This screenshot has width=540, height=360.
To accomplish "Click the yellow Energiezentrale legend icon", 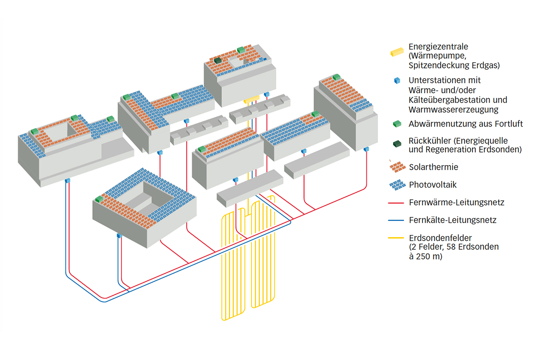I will coord(396,52).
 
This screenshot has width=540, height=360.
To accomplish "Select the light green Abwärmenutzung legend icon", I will coord(397,123).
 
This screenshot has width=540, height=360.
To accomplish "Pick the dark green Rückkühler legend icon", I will coord(397,144).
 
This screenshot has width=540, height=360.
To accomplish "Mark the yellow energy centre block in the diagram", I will coord(252,99).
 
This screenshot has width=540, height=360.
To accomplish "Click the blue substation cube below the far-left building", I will coord(67,181).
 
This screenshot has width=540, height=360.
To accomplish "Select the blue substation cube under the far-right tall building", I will coord(366,149).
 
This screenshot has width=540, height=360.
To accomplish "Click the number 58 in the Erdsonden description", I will coord(454,247).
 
